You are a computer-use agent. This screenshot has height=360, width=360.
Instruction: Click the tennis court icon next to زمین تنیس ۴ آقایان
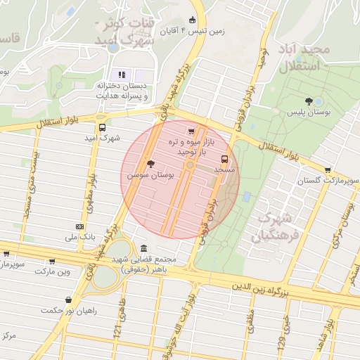coord(193,20)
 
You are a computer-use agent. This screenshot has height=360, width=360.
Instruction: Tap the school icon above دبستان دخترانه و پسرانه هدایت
coord(121,74)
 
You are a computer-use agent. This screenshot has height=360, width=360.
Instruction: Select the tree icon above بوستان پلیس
coord(308,101)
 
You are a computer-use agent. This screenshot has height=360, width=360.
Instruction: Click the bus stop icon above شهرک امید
coord(103,128)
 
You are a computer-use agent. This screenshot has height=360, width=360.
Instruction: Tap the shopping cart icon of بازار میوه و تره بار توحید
coord(191,131)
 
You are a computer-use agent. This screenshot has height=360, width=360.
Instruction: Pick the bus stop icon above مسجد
coord(225,159)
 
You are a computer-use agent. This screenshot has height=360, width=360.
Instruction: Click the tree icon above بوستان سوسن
coord(150,163)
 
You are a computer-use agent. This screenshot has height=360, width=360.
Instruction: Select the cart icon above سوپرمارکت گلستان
coord(328,169)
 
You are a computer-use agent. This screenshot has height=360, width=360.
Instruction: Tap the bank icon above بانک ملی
coord(79,226)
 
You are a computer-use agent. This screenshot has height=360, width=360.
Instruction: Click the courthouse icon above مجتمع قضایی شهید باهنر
coord(144,249)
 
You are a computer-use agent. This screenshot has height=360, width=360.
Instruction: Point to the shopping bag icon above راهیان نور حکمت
coord(67,300)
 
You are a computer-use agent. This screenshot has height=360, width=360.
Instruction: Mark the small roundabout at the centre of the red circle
coord(190,165)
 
